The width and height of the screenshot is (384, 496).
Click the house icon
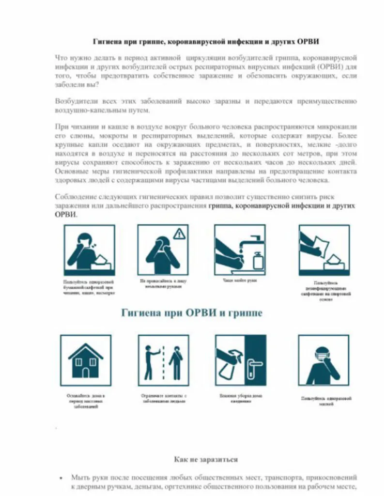tap(85, 361)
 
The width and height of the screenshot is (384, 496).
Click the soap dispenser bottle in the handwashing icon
tap(258, 260)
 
